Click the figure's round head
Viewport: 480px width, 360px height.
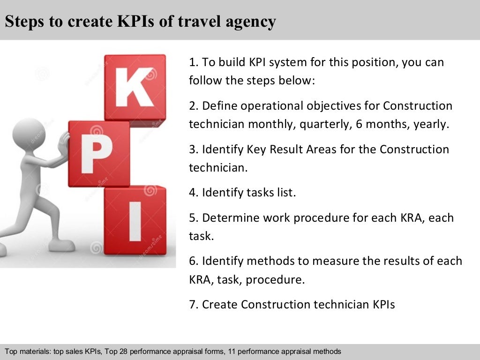29,134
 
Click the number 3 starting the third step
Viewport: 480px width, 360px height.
192,150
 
